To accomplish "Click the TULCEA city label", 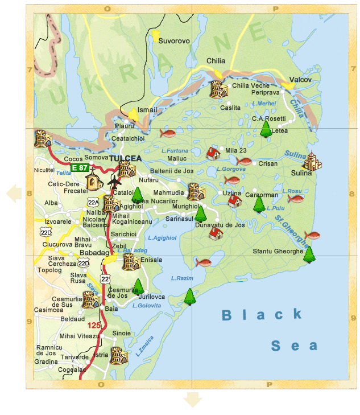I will (x=125, y=158).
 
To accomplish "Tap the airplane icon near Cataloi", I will (x=115, y=182).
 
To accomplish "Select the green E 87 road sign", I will (x=79, y=168).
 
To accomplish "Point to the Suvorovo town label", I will (x=174, y=41).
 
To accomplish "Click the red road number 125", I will (x=95, y=325).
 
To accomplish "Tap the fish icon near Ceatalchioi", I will (x=168, y=133).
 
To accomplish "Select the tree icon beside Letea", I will (x=266, y=129).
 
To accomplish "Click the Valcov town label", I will (x=300, y=80).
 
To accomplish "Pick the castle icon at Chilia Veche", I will (x=218, y=89).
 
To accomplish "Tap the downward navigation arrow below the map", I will (x=193, y=400).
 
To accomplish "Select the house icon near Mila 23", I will (x=213, y=153).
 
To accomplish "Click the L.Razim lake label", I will (x=182, y=278).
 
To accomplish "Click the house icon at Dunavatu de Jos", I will (x=216, y=233).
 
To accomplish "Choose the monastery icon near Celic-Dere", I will (x=93, y=181).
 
